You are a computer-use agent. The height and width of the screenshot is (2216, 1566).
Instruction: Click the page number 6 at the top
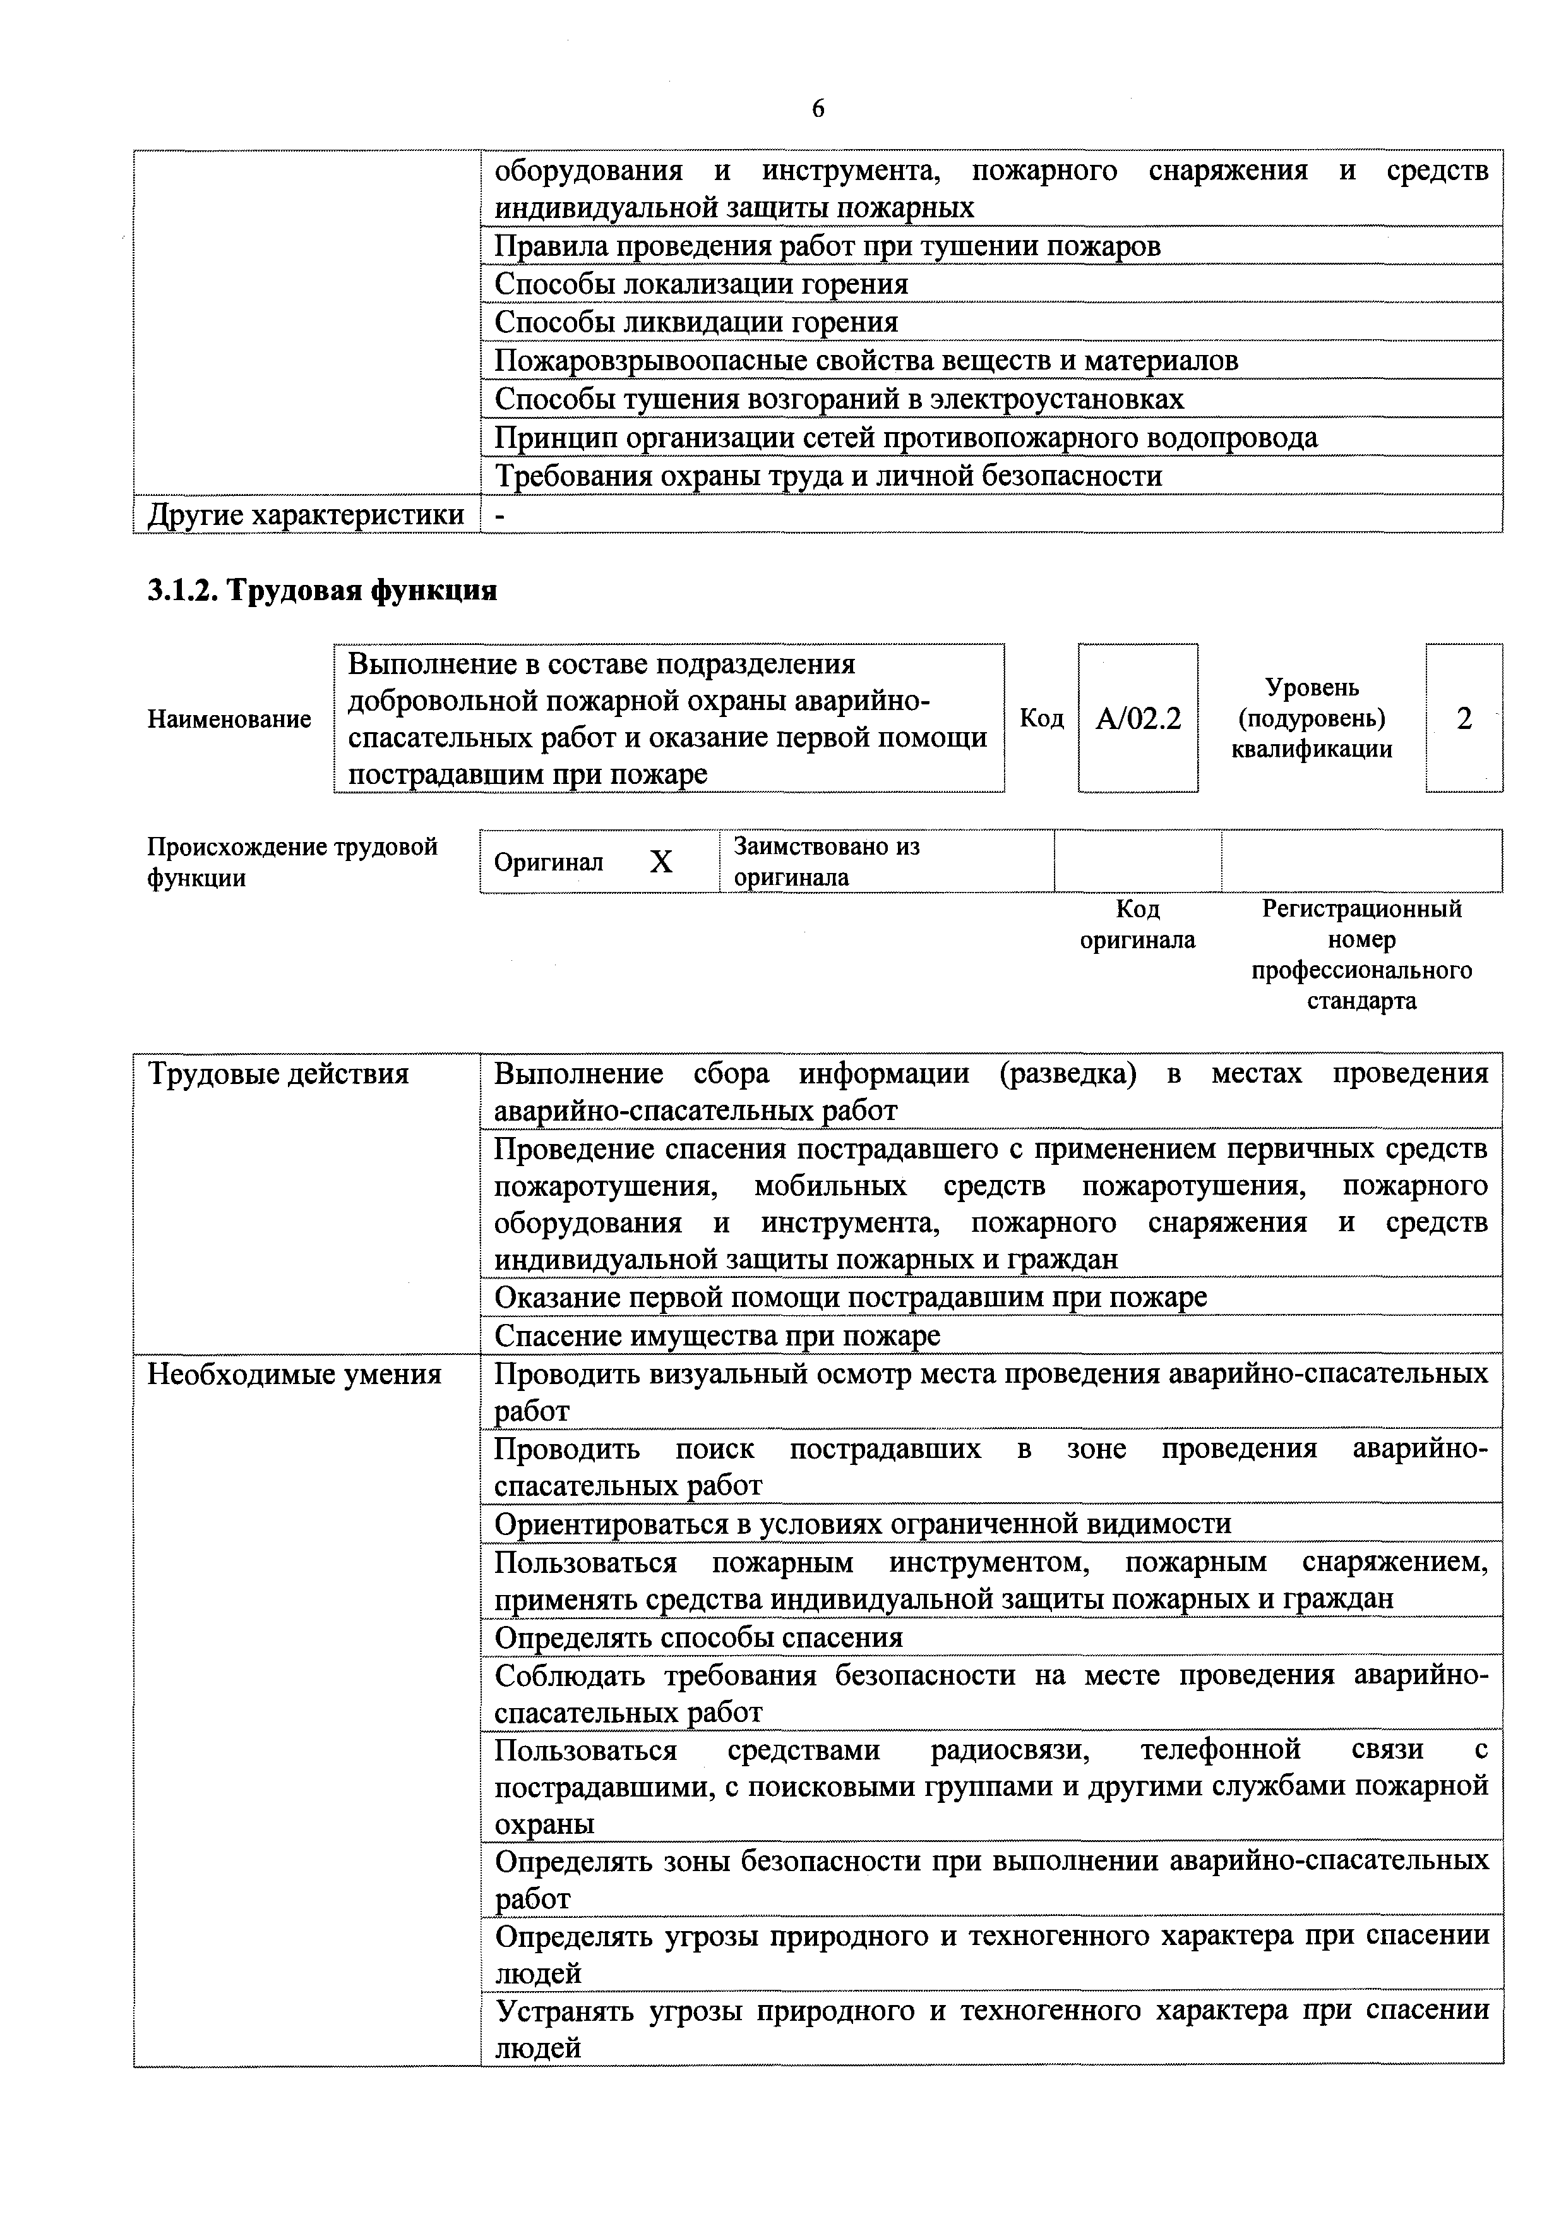[817, 109]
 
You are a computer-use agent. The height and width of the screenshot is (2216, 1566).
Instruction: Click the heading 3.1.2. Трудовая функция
[322, 590]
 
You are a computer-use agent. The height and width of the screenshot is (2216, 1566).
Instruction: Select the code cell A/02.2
[1138, 718]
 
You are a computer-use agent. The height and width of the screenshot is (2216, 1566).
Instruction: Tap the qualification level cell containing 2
[1463, 718]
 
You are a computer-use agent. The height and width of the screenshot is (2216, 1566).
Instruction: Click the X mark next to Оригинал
[661, 862]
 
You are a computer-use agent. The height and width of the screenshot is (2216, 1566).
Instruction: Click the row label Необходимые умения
[294, 1373]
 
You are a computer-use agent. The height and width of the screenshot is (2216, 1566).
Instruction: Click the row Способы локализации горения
[702, 284]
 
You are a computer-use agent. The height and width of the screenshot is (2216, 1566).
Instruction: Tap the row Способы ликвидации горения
[696, 322]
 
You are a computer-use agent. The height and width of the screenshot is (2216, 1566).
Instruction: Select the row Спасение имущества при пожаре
[717, 1336]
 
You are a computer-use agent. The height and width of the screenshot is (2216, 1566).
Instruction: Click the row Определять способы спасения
[698, 1637]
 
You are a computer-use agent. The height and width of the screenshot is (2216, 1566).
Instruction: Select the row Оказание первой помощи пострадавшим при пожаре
[850, 1297]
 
